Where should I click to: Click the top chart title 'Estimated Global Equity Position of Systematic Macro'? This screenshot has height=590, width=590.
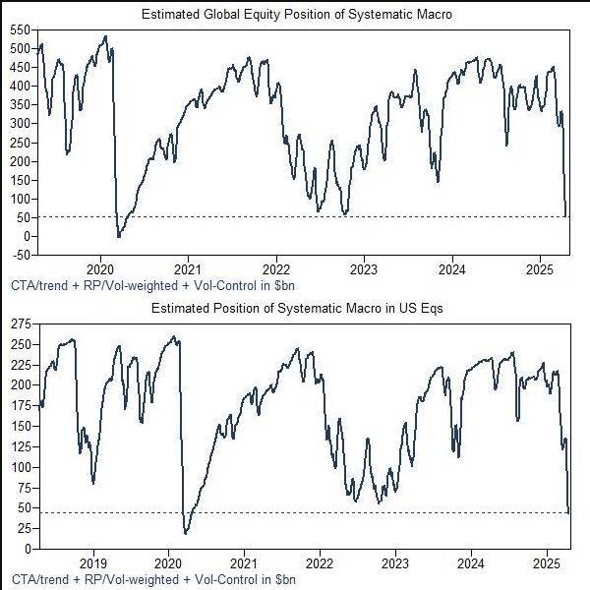point(296,14)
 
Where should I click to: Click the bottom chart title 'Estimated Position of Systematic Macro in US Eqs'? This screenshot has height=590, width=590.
point(296,308)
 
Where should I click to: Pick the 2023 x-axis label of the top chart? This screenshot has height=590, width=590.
point(364,268)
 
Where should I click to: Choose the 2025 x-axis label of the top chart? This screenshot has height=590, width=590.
point(539,268)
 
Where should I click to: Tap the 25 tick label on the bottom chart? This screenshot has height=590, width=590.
point(23,528)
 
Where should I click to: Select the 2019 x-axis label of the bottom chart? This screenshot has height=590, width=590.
point(93,562)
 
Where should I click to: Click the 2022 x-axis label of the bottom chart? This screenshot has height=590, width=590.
point(320,562)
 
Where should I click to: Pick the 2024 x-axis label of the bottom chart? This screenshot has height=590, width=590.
point(470,562)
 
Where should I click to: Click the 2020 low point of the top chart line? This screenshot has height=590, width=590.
point(119,236)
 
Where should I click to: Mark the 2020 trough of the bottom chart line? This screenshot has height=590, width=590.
point(186,533)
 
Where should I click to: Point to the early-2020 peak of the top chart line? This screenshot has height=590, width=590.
point(105,36)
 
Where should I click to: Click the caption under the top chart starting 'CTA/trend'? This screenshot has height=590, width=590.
point(152,285)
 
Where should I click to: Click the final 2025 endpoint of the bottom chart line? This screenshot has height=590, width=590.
point(569,512)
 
